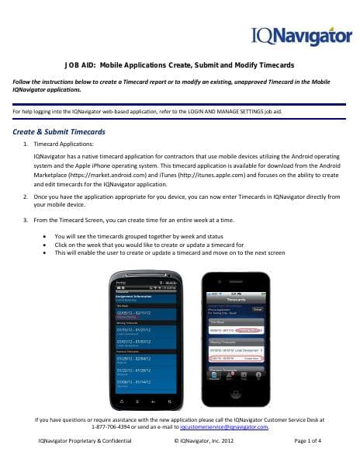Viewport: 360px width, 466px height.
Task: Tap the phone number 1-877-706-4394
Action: pos(113,427)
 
